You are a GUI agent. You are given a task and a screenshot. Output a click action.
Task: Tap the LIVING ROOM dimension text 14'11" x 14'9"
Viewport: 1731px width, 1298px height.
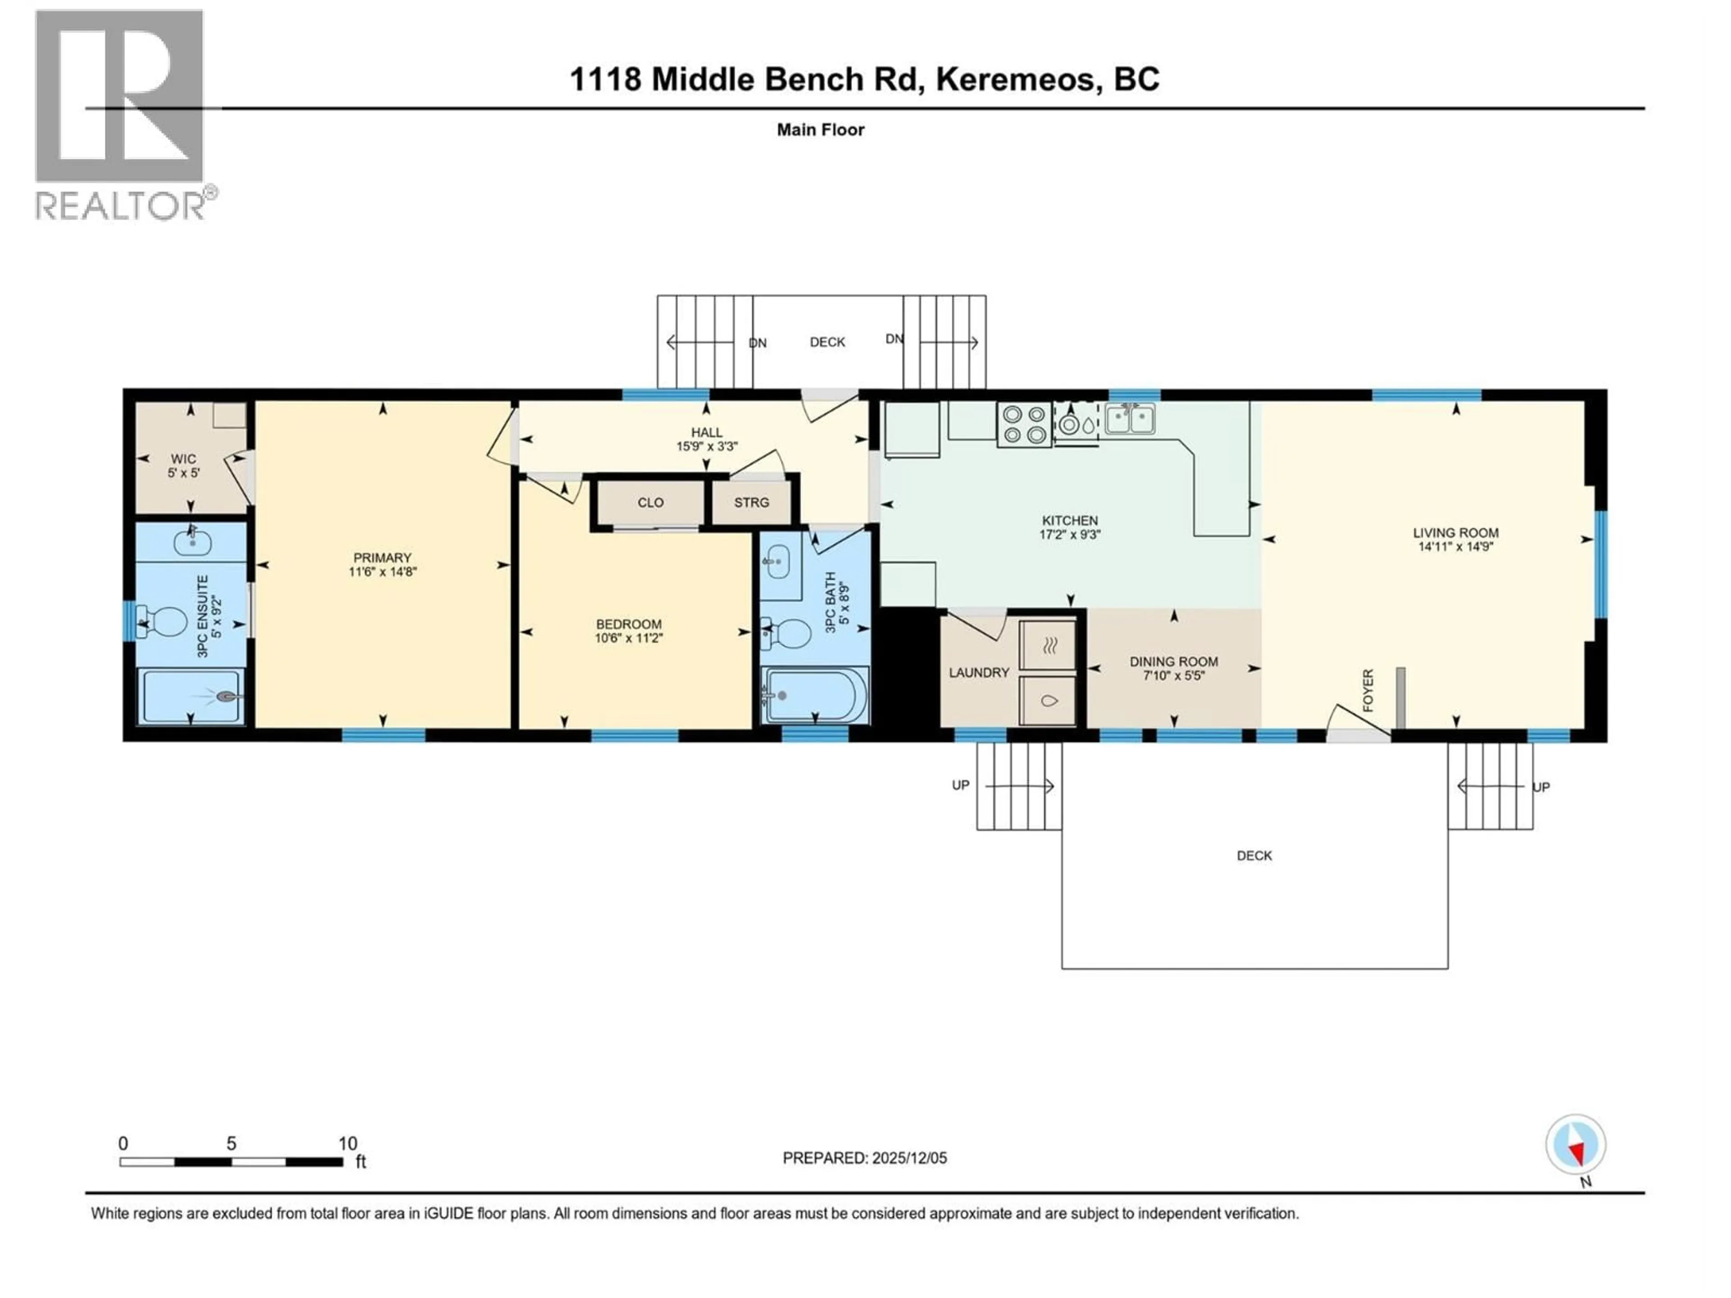pos(1456,547)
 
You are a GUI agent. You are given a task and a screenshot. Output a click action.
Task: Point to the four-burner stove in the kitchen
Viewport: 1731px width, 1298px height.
pos(1024,425)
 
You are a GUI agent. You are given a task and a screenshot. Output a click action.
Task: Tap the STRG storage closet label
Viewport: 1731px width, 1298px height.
pos(751,503)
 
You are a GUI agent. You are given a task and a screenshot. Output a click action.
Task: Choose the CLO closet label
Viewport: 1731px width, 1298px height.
pos(650,503)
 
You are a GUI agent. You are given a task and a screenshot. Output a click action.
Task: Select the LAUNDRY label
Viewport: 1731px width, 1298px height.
pos(979,672)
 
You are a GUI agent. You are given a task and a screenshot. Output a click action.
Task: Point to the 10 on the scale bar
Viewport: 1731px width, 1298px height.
pos(348,1143)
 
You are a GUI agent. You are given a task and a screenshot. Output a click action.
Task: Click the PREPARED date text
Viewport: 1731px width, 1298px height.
pos(865,1158)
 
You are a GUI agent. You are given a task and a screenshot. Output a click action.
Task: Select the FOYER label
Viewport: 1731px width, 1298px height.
pos(1367,690)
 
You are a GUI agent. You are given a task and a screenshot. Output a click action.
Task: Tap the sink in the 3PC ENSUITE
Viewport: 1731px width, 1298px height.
pos(192,541)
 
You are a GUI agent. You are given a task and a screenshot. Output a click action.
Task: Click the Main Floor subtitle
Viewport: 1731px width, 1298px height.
pos(820,130)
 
